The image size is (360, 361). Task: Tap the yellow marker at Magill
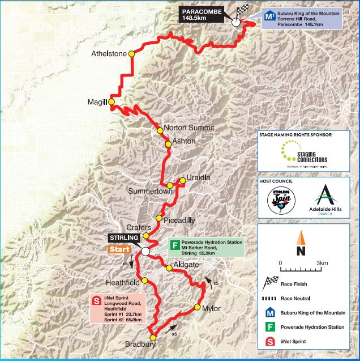tap(112, 102)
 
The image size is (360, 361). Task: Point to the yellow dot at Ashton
tap(168, 144)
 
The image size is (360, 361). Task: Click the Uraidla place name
tap(198, 178)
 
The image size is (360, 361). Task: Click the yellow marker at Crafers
tap(146, 236)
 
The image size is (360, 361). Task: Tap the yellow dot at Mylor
tap(197, 307)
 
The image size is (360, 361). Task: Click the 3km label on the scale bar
tap(322, 264)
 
